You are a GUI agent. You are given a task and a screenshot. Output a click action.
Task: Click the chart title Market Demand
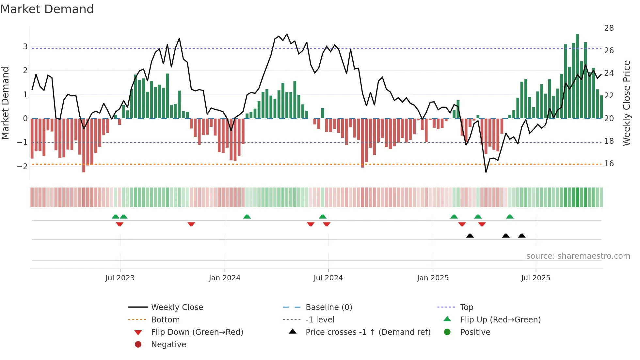pyautogui.click(x=47, y=9)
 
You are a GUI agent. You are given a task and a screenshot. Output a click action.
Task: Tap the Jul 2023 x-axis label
pyautogui.click(x=120, y=278)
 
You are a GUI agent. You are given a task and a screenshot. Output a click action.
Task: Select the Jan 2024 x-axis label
pyautogui.click(x=225, y=278)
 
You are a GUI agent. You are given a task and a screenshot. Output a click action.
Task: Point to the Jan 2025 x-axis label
pyautogui.click(x=433, y=278)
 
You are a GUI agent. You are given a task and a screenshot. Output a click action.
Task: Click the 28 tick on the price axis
pyautogui.click(x=609, y=28)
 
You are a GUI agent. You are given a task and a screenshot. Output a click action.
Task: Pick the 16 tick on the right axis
pyautogui.click(x=609, y=164)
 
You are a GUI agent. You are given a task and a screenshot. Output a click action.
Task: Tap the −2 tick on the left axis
pyautogui.click(x=22, y=166)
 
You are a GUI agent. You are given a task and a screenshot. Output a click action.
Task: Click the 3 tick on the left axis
pyautogui.click(x=25, y=47)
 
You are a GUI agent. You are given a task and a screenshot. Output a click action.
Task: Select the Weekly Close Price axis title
pyautogui.click(x=626, y=103)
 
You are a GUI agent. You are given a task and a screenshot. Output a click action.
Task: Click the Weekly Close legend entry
pyautogui.click(x=177, y=307)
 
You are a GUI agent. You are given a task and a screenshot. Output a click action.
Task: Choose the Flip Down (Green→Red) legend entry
pyautogui.click(x=197, y=332)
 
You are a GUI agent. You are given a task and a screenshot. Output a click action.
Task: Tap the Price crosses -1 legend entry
pyautogui.click(x=368, y=332)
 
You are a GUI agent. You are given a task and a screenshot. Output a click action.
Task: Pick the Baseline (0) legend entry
pyautogui.click(x=328, y=307)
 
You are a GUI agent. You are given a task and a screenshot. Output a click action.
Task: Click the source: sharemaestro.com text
pyautogui.click(x=578, y=256)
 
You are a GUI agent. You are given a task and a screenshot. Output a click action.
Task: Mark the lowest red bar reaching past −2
pyautogui.click(x=84, y=145)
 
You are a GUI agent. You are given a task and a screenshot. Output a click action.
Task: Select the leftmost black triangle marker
pyautogui.click(x=470, y=236)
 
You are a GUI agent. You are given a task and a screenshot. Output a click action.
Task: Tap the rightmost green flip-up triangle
pyautogui.click(x=510, y=217)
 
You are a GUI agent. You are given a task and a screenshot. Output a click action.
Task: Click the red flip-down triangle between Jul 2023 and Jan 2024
pyautogui.click(x=191, y=224)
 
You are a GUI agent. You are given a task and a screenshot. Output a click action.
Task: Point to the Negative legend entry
pyautogui.click(x=168, y=345)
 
